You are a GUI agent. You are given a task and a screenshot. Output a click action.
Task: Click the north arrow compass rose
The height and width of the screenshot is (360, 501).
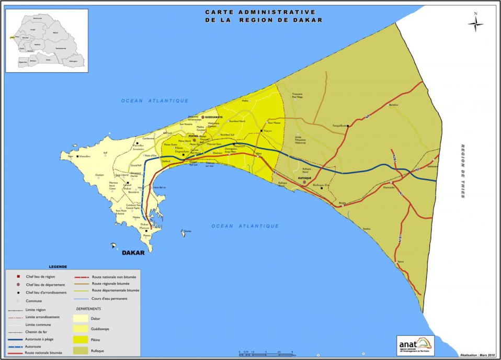[x=475, y=24]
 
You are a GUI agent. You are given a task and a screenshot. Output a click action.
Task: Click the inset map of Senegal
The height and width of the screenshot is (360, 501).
[x=47, y=41]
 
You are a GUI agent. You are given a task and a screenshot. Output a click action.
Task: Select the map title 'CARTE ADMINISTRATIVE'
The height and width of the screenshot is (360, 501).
[x=260, y=12]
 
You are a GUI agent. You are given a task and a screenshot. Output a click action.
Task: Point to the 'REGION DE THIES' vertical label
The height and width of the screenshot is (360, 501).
[x=463, y=171]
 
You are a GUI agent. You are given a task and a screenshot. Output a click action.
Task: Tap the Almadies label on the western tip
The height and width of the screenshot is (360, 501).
[x=85, y=156]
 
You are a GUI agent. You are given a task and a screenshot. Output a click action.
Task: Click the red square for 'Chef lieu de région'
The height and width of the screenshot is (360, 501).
[x=20, y=276]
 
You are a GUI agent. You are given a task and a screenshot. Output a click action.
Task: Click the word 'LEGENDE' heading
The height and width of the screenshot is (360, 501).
[x=58, y=266]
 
